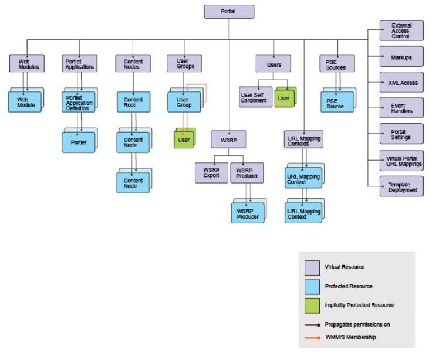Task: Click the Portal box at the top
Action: pos(229,12)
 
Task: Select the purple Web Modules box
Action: pos(27,63)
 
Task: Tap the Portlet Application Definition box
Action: pos(79,102)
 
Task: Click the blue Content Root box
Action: pos(134,102)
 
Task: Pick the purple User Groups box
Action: pos(184,63)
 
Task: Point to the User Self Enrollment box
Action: pos(255,97)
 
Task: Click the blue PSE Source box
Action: pos(337,102)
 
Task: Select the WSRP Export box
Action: pos(211,173)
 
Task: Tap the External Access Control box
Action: pos(401,30)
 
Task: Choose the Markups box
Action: pos(401,56)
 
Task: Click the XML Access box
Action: pos(401,82)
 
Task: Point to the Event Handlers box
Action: pos(401,108)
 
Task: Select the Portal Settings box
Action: pos(401,134)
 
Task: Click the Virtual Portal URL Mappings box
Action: pos(401,161)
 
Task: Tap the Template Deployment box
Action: pos(401,186)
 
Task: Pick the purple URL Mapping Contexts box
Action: pos(303,140)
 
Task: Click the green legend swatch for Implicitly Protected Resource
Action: pos(312,305)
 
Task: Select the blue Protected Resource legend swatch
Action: pos(312,287)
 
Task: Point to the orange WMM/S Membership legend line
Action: pos(312,338)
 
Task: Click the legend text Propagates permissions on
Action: pos(357,324)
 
